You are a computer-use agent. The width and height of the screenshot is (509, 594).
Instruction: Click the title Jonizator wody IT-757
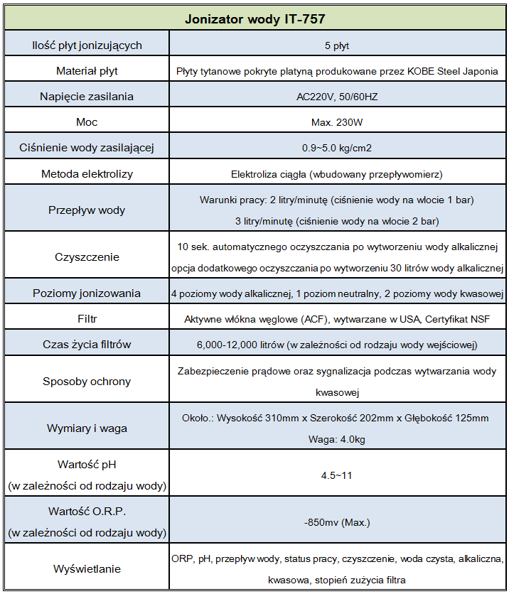click(255, 18)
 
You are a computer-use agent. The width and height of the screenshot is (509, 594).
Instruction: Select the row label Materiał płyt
click(87, 71)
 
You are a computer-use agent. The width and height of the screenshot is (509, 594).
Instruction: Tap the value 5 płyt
click(336, 46)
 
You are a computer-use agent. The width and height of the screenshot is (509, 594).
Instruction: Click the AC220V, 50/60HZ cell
click(336, 97)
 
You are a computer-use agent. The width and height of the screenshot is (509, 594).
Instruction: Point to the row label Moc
click(87, 122)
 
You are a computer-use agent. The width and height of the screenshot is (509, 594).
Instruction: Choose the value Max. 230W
click(336, 122)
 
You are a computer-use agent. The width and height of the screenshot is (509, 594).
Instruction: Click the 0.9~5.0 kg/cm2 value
click(336, 148)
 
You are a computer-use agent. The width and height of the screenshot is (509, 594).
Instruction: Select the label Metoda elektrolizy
click(87, 173)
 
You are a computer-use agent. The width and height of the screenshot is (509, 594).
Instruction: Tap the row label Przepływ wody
click(87, 210)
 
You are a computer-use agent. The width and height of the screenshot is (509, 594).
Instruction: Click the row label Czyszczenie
click(87, 257)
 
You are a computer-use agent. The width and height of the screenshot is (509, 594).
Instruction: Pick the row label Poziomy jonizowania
click(87, 293)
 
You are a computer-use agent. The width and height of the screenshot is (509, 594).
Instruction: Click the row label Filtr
click(87, 319)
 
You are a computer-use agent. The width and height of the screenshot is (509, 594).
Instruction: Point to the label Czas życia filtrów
click(87, 345)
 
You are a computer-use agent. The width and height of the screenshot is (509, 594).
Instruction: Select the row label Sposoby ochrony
click(87, 382)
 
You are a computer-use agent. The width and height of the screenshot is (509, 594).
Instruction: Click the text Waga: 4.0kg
click(336, 439)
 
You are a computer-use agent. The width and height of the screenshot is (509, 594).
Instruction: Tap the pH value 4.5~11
click(336, 475)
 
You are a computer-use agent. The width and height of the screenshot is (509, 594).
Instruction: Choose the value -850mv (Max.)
click(336, 522)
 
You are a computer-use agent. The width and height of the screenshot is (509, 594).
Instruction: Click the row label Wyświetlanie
click(87, 569)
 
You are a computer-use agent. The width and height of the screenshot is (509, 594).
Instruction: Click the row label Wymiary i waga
click(87, 429)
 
